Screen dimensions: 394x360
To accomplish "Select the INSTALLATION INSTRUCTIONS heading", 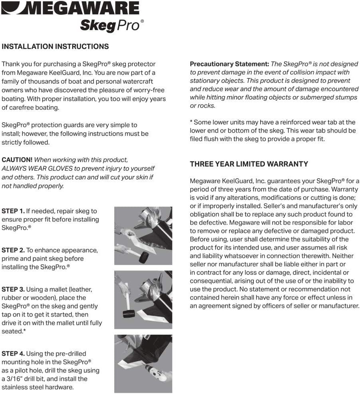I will tap(55, 46).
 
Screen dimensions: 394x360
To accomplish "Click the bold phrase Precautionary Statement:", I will tap(229, 64).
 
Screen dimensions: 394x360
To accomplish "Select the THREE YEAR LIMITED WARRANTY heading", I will tap(249, 164).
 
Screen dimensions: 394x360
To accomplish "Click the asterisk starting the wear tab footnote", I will tap(192, 122).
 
